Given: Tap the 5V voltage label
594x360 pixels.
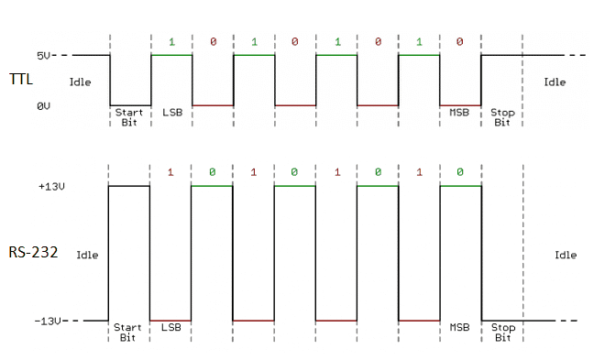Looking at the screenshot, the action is click(x=45, y=55).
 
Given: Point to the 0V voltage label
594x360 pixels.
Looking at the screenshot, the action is click(x=44, y=106).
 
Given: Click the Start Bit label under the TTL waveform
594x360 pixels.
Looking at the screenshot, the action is click(x=129, y=117).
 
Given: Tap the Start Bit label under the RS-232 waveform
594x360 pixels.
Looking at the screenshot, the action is click(x=129, y=332).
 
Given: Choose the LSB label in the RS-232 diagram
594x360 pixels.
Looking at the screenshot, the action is click(x=170, y=327).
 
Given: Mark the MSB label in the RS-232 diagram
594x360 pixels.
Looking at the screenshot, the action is click(x=459, y=327).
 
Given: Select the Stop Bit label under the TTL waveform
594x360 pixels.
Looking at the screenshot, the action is click(x=501, y=117).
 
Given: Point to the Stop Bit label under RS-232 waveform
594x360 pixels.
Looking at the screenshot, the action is click(x=501, y=332).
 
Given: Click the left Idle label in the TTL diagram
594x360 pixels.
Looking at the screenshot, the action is click(x=81, y=82).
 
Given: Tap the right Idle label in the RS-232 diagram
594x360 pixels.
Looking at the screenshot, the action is click(x=566, y=255).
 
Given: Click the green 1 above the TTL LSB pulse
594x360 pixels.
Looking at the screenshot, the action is click(x=170, y=42).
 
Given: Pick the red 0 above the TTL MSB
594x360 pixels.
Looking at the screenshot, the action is click(x=459, y=42).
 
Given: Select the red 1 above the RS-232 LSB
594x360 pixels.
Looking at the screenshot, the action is click(x=170, y=172).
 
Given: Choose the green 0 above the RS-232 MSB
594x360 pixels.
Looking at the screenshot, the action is click(x=459, y=172).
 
